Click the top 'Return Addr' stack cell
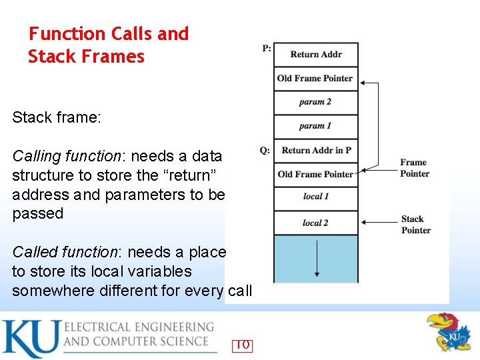click(x=316, y=55)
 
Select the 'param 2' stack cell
click(x=316, y=102)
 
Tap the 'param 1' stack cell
click(x=316, y=126)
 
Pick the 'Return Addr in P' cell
click(x=317, y=150)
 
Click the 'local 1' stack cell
click(x=316, y=197)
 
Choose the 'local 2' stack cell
click(x=316, y=223)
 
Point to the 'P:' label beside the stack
click(x=267, y=49)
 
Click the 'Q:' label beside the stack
click(x=265, y=151)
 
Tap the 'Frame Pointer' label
click(x=414, y=168)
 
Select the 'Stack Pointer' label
click(x=415, y=225)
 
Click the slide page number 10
click(x=242, y=345)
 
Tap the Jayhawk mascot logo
click(x=447, y=332)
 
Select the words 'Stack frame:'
click(x=57, y=118)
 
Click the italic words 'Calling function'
click(x=65, y=156)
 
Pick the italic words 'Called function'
click(x=65, y=252)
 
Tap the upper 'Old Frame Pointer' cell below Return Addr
click(x=315, y=79)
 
